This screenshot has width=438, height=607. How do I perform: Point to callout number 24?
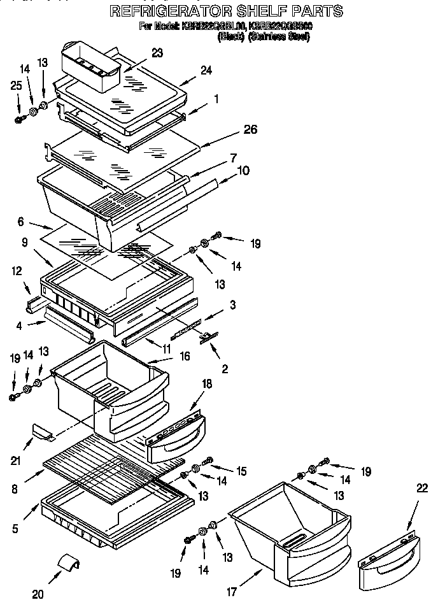click(x=206, y=71)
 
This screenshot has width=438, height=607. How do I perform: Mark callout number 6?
click(x=20, y=222)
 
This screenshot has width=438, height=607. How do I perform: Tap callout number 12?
click(x=17, y=271)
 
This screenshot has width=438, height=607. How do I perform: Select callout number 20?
click(x=38, y=595)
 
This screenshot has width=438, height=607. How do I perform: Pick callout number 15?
click(x=241, y=471)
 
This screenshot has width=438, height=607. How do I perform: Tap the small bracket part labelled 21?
click(x=42, y=434)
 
